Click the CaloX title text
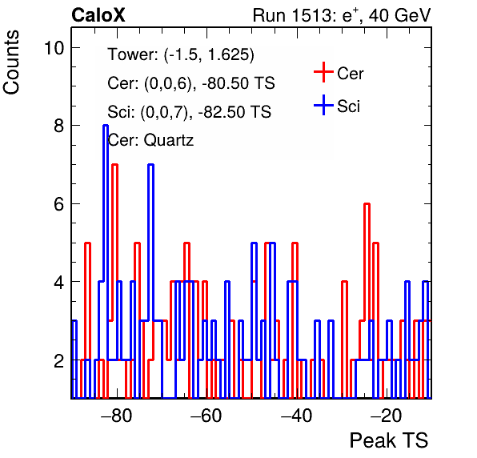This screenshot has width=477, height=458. coord(98,15)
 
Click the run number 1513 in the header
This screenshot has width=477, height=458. coord(311,15)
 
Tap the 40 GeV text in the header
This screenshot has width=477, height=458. coord(399,15)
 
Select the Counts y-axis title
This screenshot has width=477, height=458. coord(11,62)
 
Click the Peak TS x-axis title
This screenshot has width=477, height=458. coord(389,440)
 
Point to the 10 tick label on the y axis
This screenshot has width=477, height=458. coord(54,48)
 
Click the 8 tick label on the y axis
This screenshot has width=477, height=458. coord(58,126)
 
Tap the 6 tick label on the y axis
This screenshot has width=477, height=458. coord(58,204)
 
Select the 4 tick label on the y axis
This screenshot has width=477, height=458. coord(58,282)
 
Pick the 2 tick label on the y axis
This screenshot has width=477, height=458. coord(58,360)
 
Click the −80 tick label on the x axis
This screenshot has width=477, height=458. coord(117,416)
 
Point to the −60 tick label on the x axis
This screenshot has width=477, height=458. coord(206,416)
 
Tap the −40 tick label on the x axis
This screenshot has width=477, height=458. coord(297,416)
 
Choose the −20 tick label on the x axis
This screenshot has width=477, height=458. coord(387,416)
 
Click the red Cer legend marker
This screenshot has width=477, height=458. coord(323,72)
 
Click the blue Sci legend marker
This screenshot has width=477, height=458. coord(323,106)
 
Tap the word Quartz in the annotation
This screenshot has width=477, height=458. coord(169,141)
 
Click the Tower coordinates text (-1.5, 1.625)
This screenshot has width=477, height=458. coord(209,54)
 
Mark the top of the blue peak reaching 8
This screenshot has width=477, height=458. coord(106,126)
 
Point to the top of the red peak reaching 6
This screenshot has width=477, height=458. coord(367,203)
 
